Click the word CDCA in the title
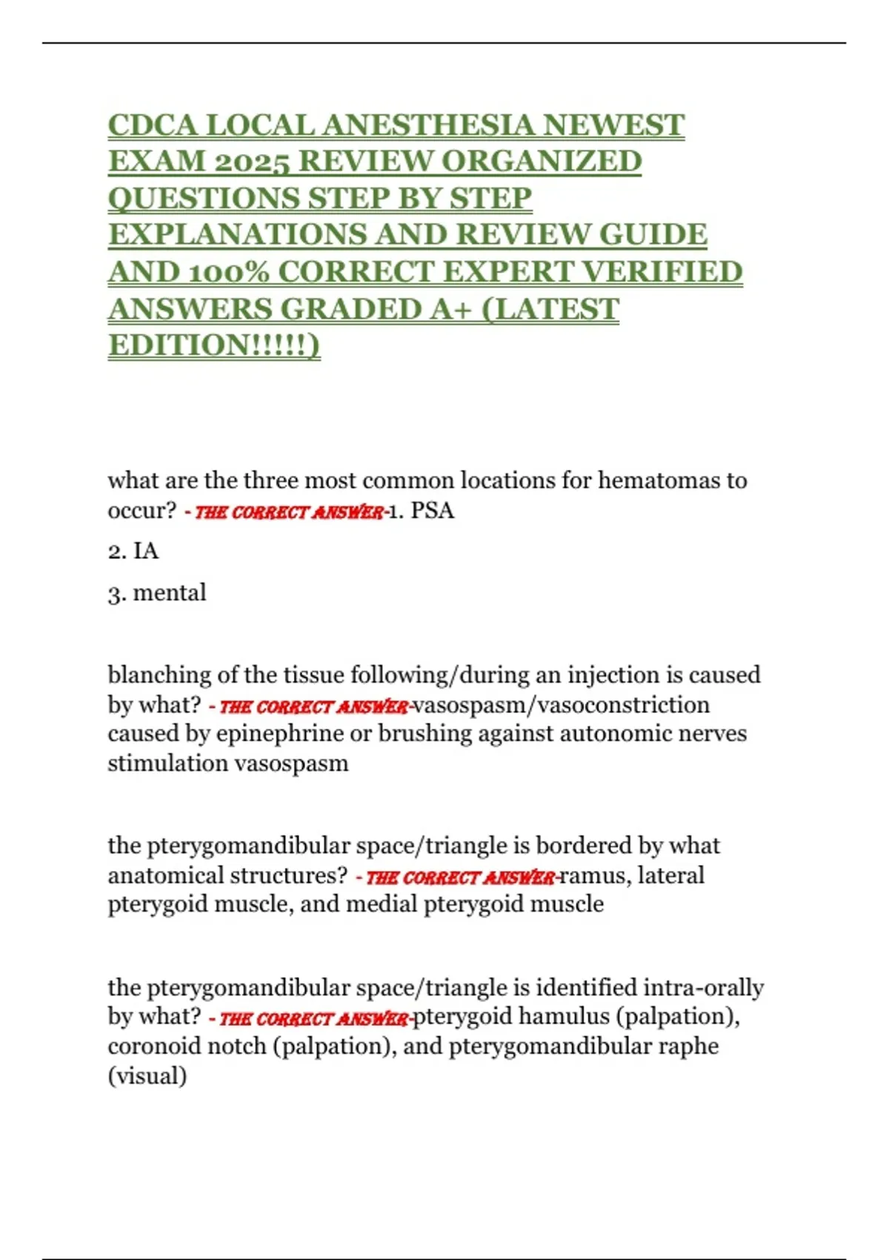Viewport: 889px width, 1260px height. point(153,125)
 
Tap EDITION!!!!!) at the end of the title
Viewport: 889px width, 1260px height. point(214,345)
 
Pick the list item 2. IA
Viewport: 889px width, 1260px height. point(133,551)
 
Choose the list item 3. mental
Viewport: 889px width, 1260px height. point(157,593)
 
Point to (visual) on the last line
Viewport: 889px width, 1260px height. point(147,1075)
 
